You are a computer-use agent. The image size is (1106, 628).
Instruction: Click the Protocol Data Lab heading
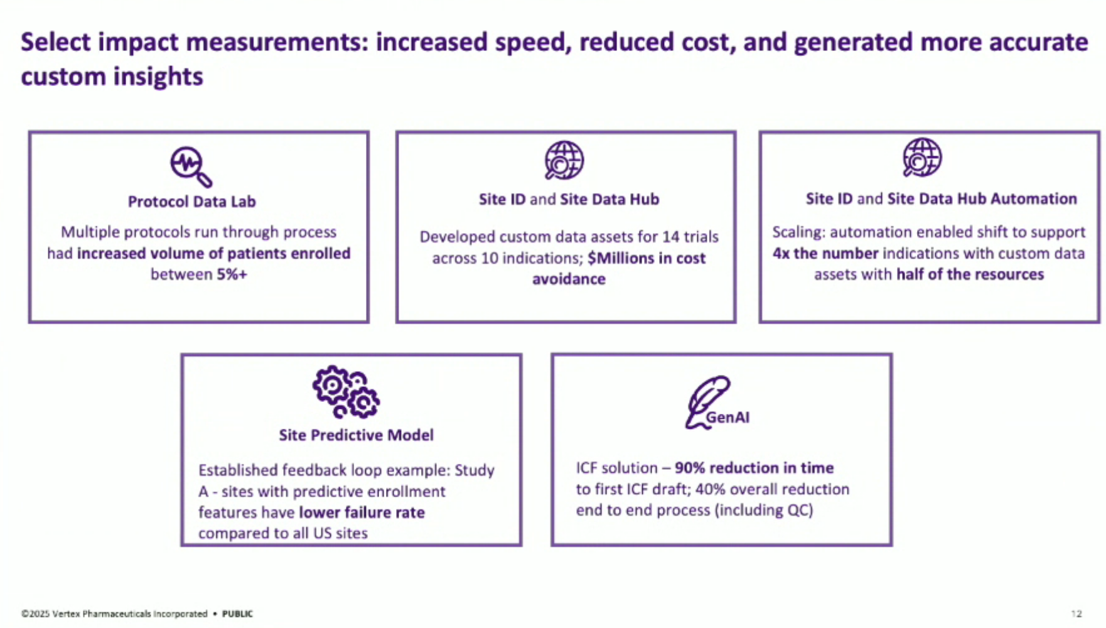pos(192,202)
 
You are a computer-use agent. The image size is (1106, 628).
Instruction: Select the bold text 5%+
pos(232,274)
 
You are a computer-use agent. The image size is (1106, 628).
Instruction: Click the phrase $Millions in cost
pos(647,258)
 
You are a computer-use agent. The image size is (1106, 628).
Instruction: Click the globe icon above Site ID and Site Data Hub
pos(564,160)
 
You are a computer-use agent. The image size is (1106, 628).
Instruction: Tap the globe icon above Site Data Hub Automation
pos(922,158)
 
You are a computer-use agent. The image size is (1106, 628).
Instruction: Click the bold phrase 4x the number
pos(825,254)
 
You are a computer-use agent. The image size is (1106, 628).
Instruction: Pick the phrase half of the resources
pos(970,274)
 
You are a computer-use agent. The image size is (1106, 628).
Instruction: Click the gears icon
pos(346,392)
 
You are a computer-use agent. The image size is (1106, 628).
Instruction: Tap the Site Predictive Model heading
pos(356,435)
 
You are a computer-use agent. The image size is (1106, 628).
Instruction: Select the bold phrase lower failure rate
pos(362,512)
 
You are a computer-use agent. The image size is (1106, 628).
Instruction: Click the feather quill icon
pos(707,402)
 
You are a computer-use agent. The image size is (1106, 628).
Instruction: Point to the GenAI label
pos(728,418)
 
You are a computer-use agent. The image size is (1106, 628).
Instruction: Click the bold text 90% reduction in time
pos(754,468)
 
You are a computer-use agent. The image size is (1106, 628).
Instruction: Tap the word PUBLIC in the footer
pos(237,614)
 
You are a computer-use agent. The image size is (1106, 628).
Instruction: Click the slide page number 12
pos(1076,614)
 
